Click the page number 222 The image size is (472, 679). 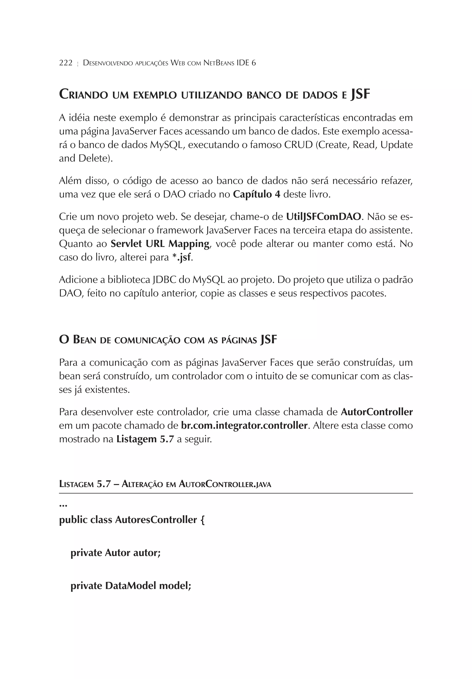click(66, 63)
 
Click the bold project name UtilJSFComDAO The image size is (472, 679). click(324, 217)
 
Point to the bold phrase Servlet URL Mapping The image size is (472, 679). click(160, 244)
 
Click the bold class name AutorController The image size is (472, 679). click(377, 412)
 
